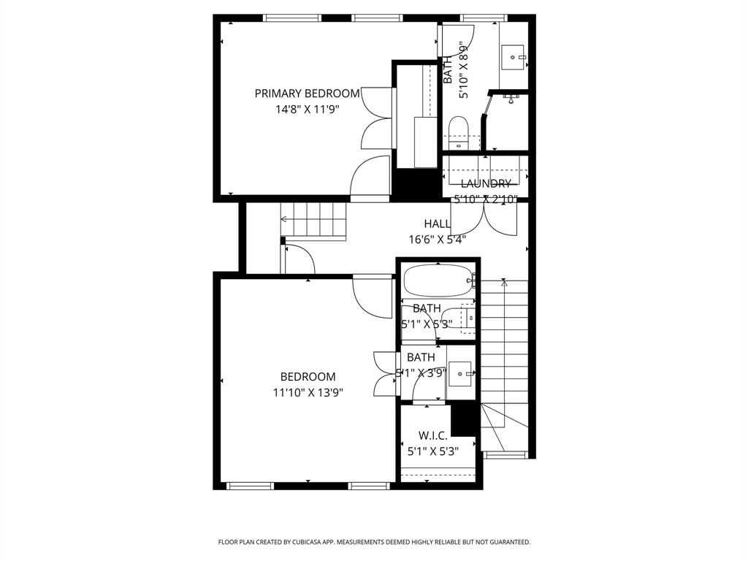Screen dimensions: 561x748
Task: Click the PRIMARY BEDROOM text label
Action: point(307,93)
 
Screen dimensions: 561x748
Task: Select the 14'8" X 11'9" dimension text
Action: point(307,109)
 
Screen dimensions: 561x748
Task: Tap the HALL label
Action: point(437,224)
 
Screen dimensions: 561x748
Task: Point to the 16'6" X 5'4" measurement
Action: point(437,239)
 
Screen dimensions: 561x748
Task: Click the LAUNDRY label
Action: point(485,183)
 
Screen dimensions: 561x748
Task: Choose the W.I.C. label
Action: point(432,435)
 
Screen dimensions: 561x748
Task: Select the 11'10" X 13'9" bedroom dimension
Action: point(308,392)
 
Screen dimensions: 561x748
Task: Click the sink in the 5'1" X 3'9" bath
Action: point(460,374)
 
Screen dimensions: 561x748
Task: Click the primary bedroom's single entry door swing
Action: point(369,178)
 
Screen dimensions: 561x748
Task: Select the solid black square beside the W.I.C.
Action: point(464,419)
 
